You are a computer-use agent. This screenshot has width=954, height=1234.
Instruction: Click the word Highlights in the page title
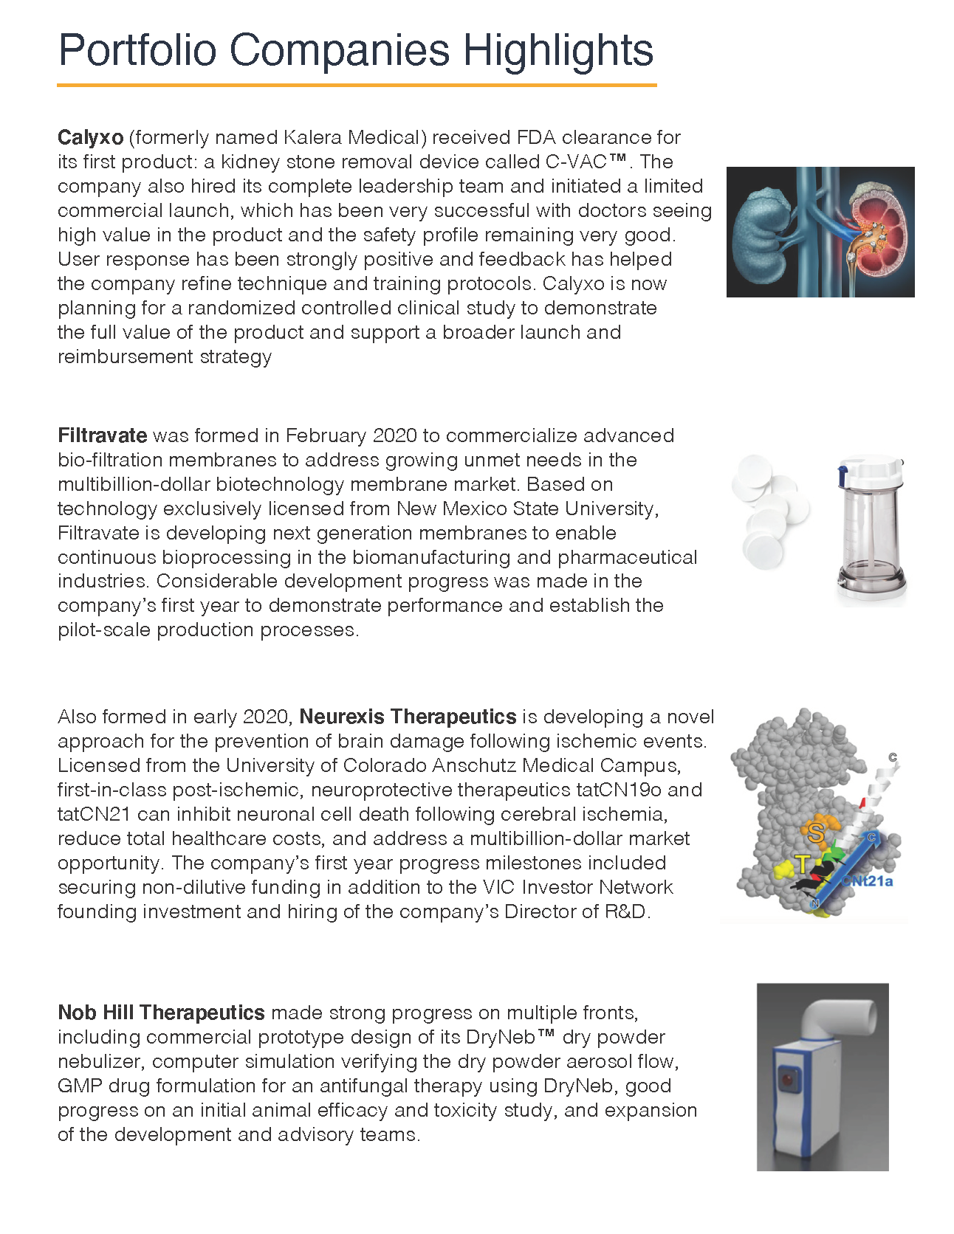coord(557,50)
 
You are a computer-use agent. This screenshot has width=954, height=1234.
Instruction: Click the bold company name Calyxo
coord(90,137)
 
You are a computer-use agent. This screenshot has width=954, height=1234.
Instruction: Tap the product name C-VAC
coord(576,162)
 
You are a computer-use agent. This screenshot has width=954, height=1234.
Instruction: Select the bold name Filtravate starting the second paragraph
coord(102,435)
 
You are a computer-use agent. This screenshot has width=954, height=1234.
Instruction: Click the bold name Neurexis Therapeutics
coord(408,717)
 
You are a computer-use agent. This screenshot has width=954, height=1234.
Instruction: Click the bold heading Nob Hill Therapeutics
coord(161,1013)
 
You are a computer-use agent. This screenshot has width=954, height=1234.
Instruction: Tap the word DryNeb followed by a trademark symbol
coord(501,1037)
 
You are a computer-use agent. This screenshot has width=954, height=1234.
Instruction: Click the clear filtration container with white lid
coord(871,531)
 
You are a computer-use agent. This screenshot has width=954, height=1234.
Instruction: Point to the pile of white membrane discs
coord(769,509)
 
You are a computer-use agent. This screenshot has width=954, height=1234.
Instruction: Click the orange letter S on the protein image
coord(816,833)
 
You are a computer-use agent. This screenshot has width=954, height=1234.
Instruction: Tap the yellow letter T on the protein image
coord(802,864)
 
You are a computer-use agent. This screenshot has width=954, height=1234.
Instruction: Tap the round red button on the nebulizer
coord(788,1080)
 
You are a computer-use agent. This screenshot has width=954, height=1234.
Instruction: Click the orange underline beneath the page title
coord(357,85)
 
